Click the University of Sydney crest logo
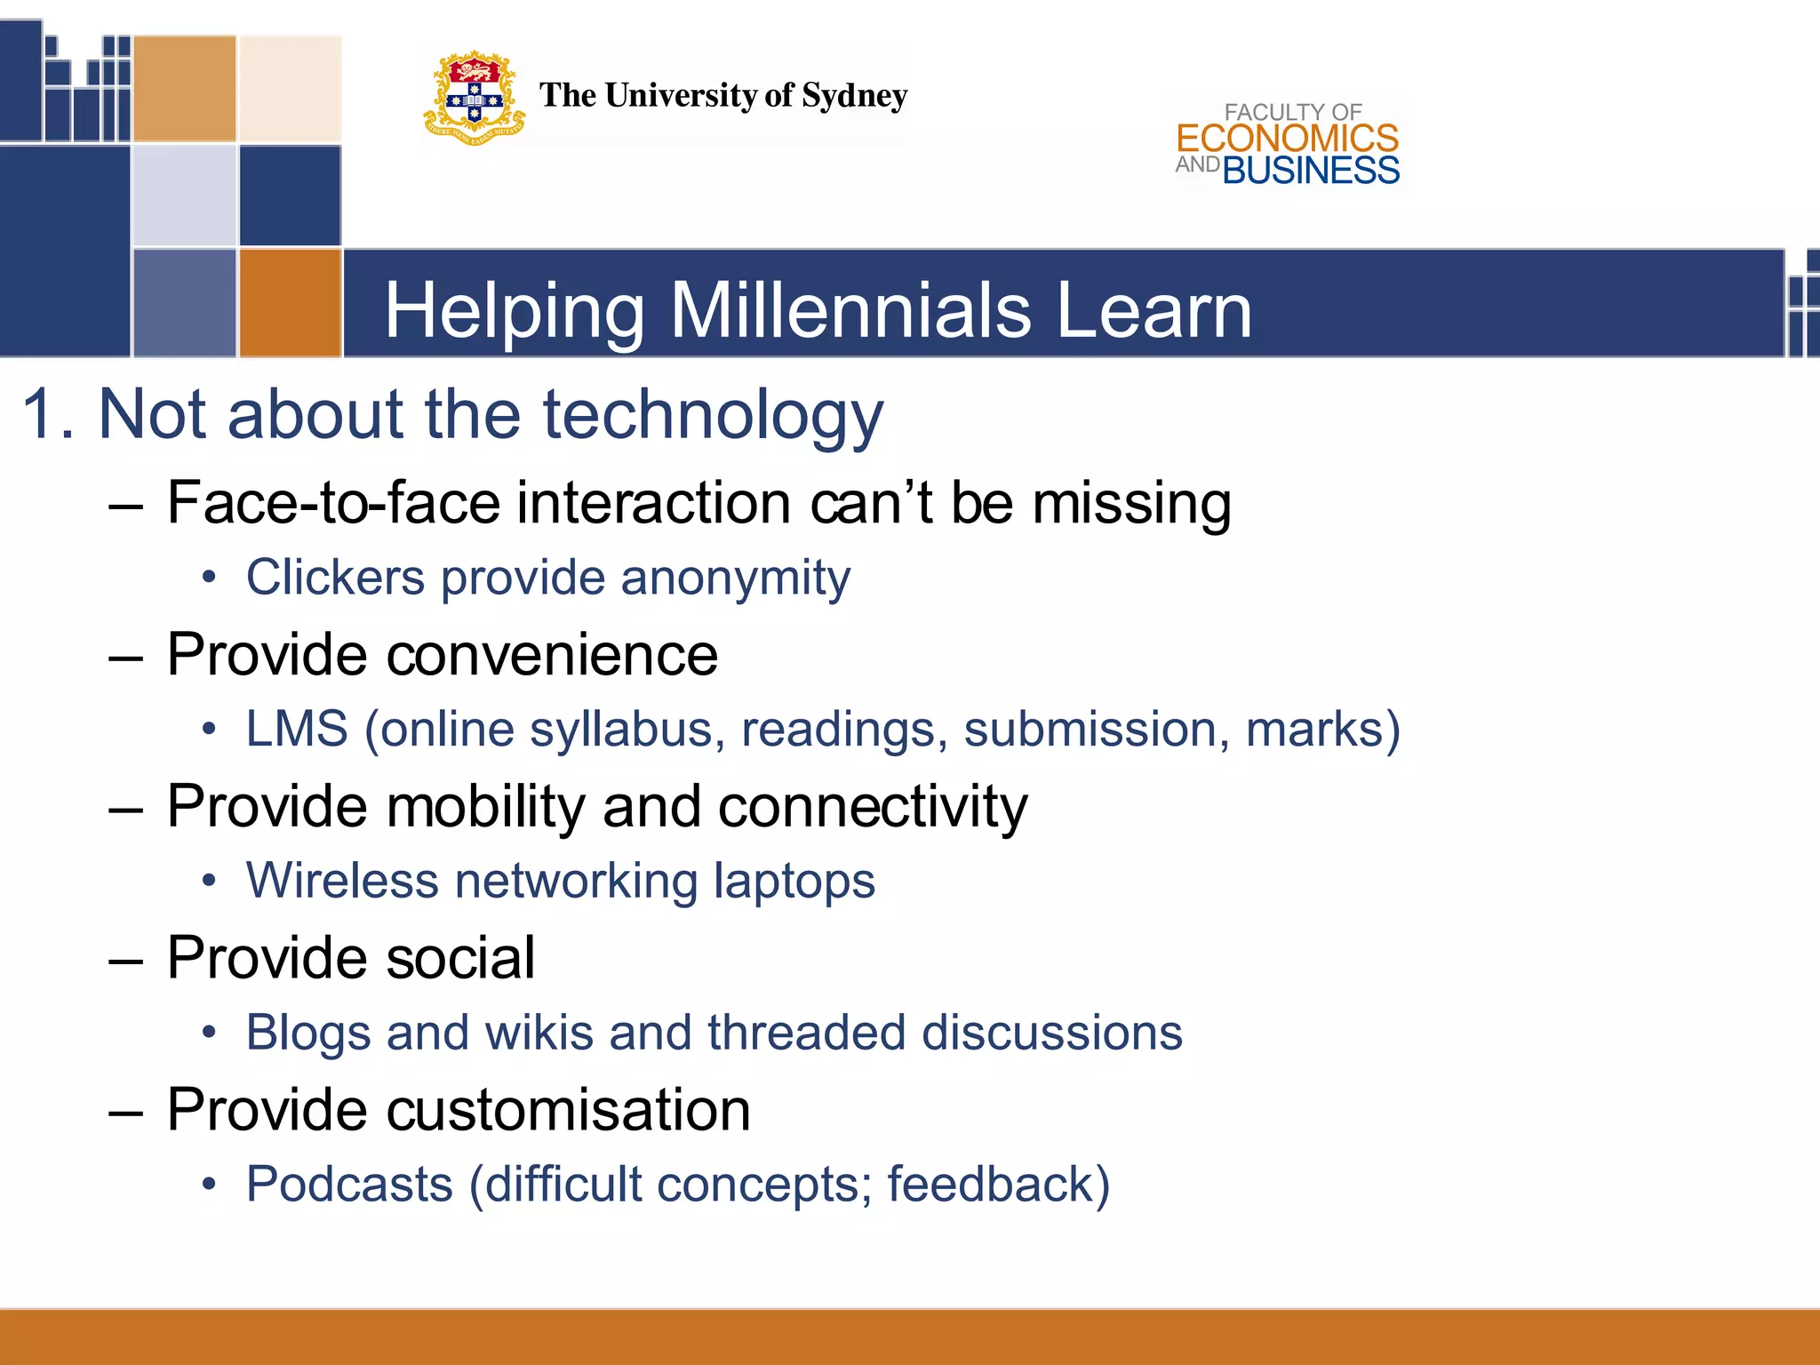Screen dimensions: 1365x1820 [x=474, y=99]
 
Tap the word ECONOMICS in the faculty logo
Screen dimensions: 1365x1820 [x=1287, y=139]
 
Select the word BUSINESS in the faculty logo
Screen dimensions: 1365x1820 [x=1311, y=171]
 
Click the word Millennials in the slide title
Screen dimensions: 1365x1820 [x=850, y=310]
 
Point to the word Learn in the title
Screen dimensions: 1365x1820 [x=1153, y=310]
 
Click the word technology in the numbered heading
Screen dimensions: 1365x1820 [x=713, y=415]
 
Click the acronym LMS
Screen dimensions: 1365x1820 [x=297, y=729]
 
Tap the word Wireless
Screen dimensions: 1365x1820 [x=342, y=881]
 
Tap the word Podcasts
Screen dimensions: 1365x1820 [x=349, y=1185]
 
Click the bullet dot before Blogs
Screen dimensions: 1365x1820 [x=209, y=1033]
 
